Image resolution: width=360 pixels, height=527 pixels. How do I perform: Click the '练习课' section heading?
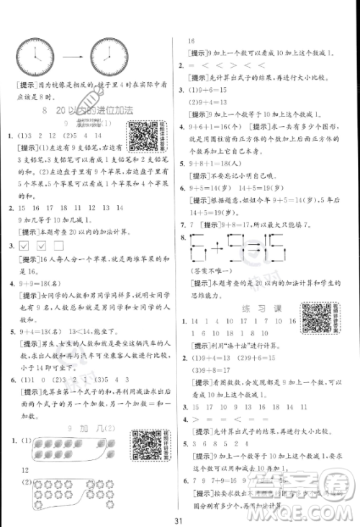tap(253, 307)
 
